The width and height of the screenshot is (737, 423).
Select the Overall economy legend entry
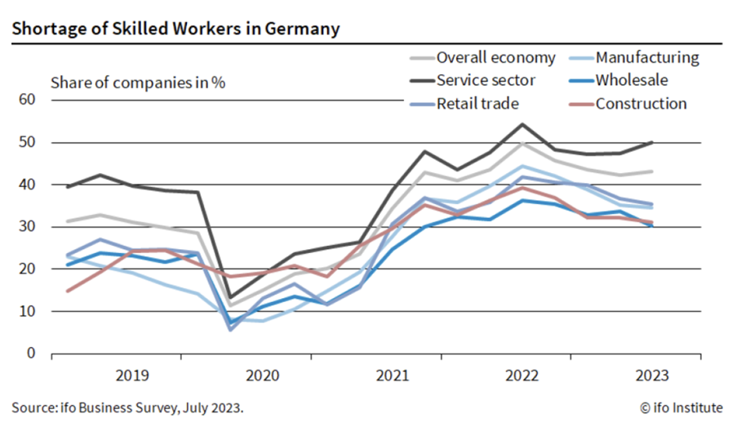[495, 58]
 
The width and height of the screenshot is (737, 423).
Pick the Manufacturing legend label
[647, 58]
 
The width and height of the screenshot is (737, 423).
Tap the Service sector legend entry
[486, 80]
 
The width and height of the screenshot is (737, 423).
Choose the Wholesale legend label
[632, 80]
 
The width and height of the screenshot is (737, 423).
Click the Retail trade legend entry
[477, 104]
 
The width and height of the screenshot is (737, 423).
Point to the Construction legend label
[641, 104]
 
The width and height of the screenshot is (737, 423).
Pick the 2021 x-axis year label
[392, 376]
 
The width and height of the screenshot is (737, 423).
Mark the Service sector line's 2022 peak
[522, 125]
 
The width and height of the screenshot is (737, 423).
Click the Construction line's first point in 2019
[68, 291]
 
